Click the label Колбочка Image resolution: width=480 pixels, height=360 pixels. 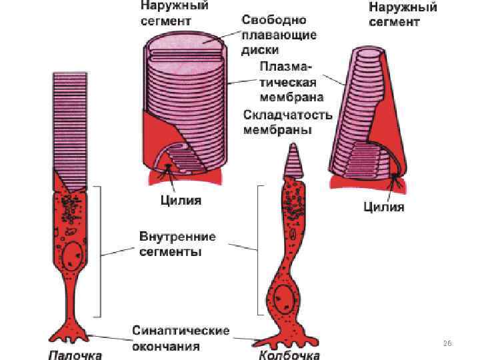coord(290,353)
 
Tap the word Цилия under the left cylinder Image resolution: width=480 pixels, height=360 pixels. coord(181,199)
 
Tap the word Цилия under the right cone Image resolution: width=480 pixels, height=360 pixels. coord(383,207)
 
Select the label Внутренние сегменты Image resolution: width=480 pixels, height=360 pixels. coord(177,245)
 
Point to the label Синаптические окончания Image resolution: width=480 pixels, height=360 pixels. coord(181,338)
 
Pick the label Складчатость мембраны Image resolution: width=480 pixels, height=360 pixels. coord(287,121)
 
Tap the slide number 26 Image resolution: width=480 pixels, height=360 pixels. coord(447,343)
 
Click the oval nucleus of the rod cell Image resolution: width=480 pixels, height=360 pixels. coord(73,255)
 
